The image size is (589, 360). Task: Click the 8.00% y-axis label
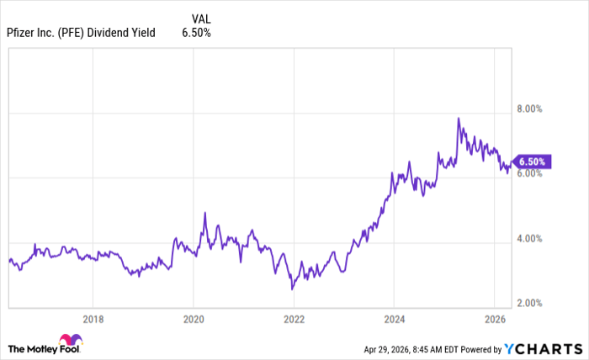tap(532, 109)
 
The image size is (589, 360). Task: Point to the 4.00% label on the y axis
tap(532, 239)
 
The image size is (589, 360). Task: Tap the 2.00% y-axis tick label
tap(532, 304)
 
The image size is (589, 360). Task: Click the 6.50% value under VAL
tap(196, 33)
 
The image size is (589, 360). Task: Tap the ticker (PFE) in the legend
tap(76, 33)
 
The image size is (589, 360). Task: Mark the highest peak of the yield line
tap(459, 118)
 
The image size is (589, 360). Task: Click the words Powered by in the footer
tap(479, 348)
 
